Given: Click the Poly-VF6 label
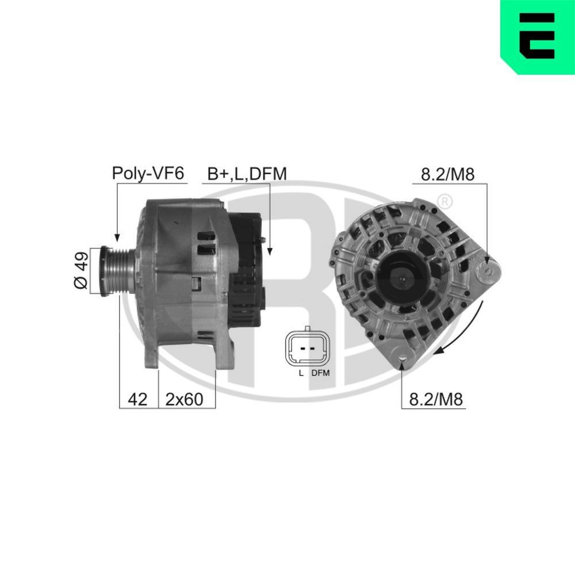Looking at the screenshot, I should point(148,173).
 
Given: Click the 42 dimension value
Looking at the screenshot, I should point(138,399).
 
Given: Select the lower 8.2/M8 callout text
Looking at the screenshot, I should point(435,399).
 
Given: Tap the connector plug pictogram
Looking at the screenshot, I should point(309,348).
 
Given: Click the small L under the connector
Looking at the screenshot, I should point(300,373).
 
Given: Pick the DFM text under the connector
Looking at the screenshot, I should point(321,373).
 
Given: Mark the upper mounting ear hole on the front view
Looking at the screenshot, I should point(488,269).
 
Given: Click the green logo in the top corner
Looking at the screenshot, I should point(538,36).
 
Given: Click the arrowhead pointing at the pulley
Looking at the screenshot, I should point(117,237).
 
